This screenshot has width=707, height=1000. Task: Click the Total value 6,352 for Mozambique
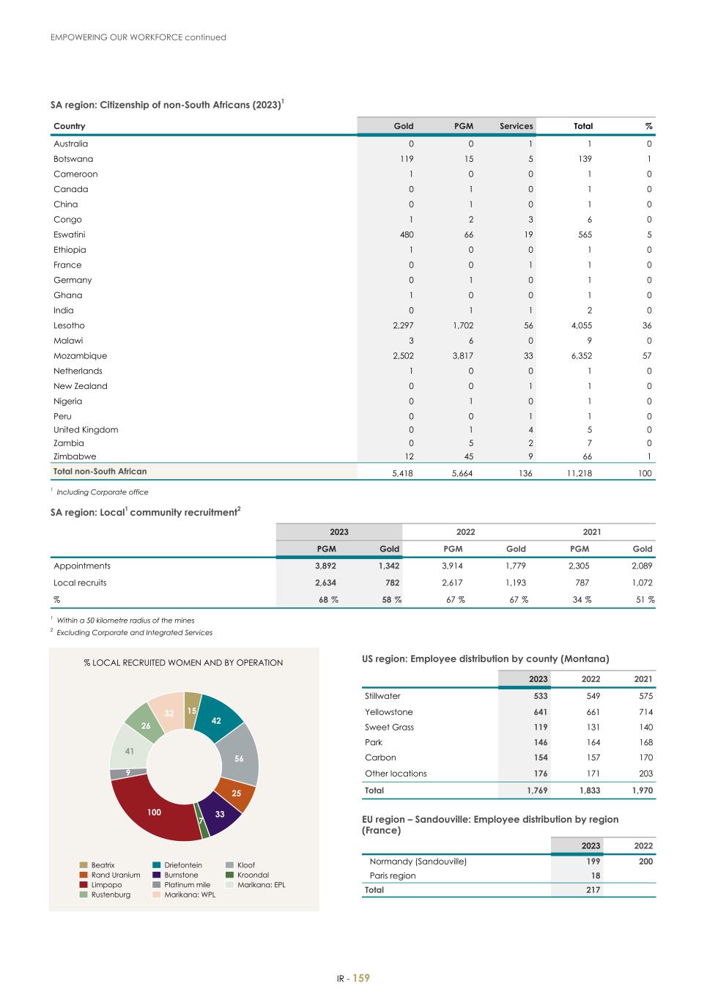click(x=580, y=356)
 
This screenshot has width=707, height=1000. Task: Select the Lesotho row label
click(x=69, y=325)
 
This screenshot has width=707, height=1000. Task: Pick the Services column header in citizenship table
click(x=516, y=126)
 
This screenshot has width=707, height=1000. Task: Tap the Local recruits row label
click(x=80, y=583)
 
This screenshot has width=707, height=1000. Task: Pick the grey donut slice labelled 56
click(x=239, y=759)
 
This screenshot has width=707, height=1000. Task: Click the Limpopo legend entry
click(x=106, y=885)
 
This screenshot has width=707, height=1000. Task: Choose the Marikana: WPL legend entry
click(x=190, y=895)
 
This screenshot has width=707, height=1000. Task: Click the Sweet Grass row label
click(x=389, y=727)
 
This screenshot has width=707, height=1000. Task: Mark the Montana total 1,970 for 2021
click(x=642, y=790)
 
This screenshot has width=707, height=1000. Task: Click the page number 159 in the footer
click(x=361, y=979)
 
